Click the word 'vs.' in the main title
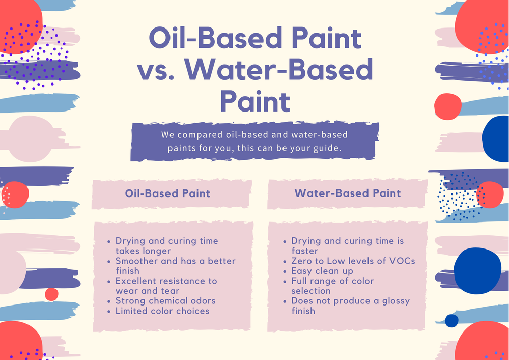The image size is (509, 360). [157, 70]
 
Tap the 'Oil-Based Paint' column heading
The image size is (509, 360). [167, 193]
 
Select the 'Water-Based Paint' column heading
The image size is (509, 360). [348, 193]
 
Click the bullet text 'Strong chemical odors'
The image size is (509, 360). [165, 300]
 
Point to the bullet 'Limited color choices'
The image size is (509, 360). [162, 311]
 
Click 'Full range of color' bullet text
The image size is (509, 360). [332, 281]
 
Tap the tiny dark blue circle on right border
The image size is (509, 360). [451, 320]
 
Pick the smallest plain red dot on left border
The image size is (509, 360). [51, 294]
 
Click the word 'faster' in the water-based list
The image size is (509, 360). [304, 251]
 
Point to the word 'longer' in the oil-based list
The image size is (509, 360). [155, 251]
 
